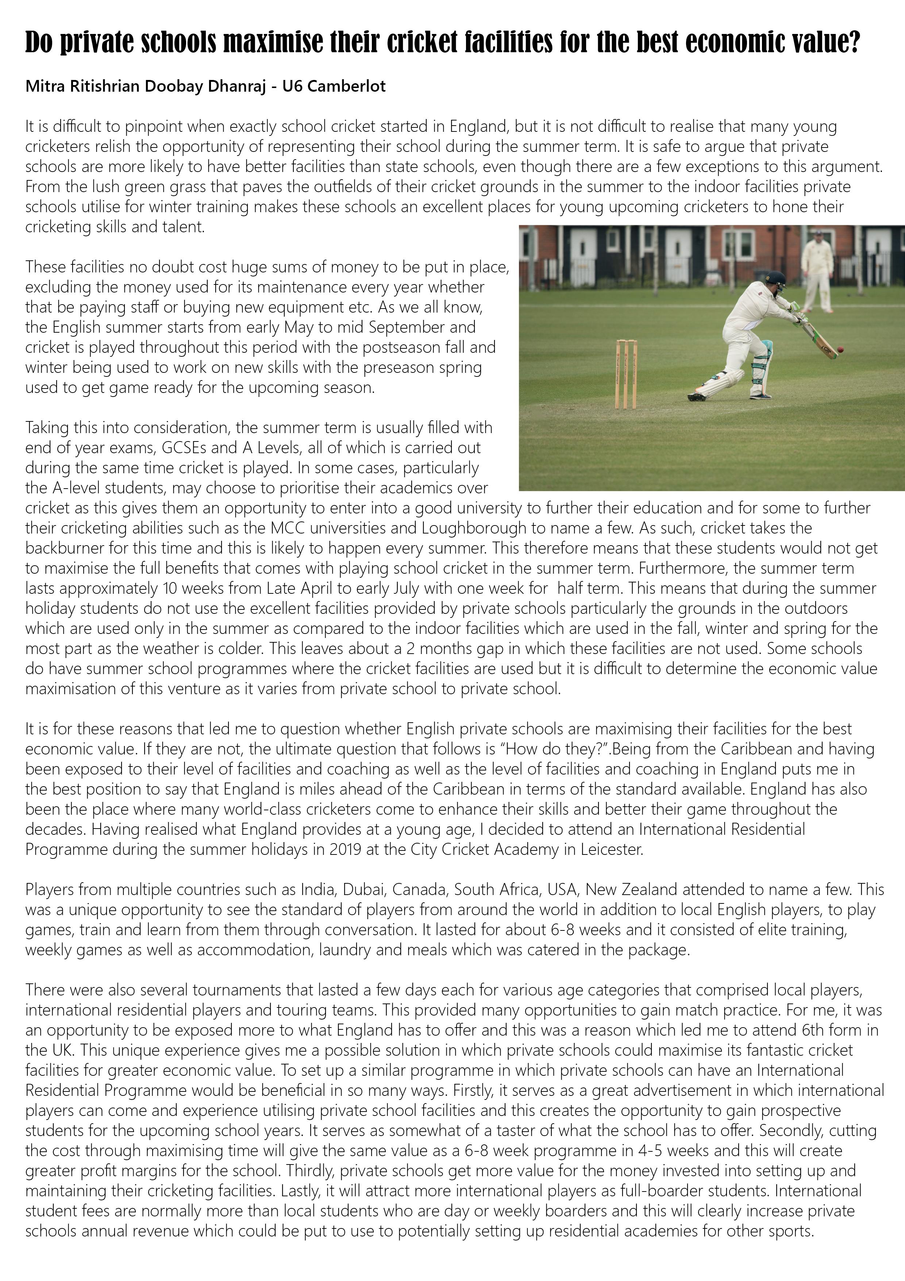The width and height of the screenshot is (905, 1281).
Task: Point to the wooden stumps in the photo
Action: [x=625, y=374]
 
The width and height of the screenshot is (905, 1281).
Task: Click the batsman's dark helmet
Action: [x=775, y=278]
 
